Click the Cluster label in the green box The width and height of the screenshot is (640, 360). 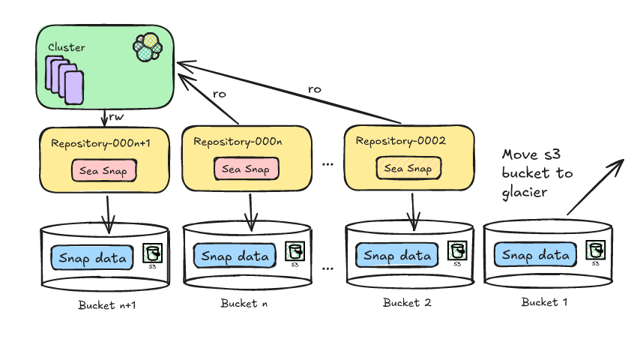pyautogui.click(x=67, y=47)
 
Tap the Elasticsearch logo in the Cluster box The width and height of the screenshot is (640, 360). pyautogui.click(x=148, y=47)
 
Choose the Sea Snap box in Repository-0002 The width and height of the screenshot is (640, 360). pyautogui.click(x=408, y=168)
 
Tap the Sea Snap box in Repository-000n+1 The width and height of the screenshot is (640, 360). pyautogui.click(x=104, y=170)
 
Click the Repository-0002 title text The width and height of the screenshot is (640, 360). pyautogui.click(x=401, y=141)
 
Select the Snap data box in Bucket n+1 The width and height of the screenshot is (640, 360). pyautogui.click(x=92, y=258)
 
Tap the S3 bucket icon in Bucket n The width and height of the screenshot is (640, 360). pyautogui.click(x=294, y=252)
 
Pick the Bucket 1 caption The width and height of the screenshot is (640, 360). pyautogui.click(x=540, y=302)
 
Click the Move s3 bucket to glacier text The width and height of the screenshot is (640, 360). pyautogui.click(x=537, y=173)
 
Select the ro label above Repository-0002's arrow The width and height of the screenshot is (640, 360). pyautogui.click(x=315, y=88)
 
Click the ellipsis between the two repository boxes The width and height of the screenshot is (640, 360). pyautogui.click(x=327, y=163)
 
